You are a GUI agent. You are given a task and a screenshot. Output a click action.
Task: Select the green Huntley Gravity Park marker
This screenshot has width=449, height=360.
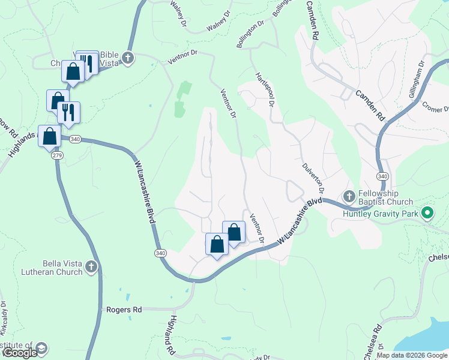427,212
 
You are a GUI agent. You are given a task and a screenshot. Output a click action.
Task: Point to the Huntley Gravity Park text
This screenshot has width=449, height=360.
381,214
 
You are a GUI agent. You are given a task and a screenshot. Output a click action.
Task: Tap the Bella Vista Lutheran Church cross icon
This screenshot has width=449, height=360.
91,266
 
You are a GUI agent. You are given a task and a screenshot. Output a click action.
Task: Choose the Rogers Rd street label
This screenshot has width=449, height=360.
124,310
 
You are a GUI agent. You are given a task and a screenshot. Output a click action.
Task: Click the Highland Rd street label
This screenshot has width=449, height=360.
172,335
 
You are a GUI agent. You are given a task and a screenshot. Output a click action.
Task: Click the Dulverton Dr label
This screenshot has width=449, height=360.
313,175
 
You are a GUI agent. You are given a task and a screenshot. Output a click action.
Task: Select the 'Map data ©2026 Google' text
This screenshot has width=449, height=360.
412,355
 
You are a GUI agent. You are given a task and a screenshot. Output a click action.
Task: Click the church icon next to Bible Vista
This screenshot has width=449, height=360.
127,58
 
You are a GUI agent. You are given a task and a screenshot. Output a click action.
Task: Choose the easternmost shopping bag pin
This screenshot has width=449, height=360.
234,232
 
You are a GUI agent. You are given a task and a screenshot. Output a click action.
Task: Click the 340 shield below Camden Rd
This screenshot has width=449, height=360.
382,176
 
